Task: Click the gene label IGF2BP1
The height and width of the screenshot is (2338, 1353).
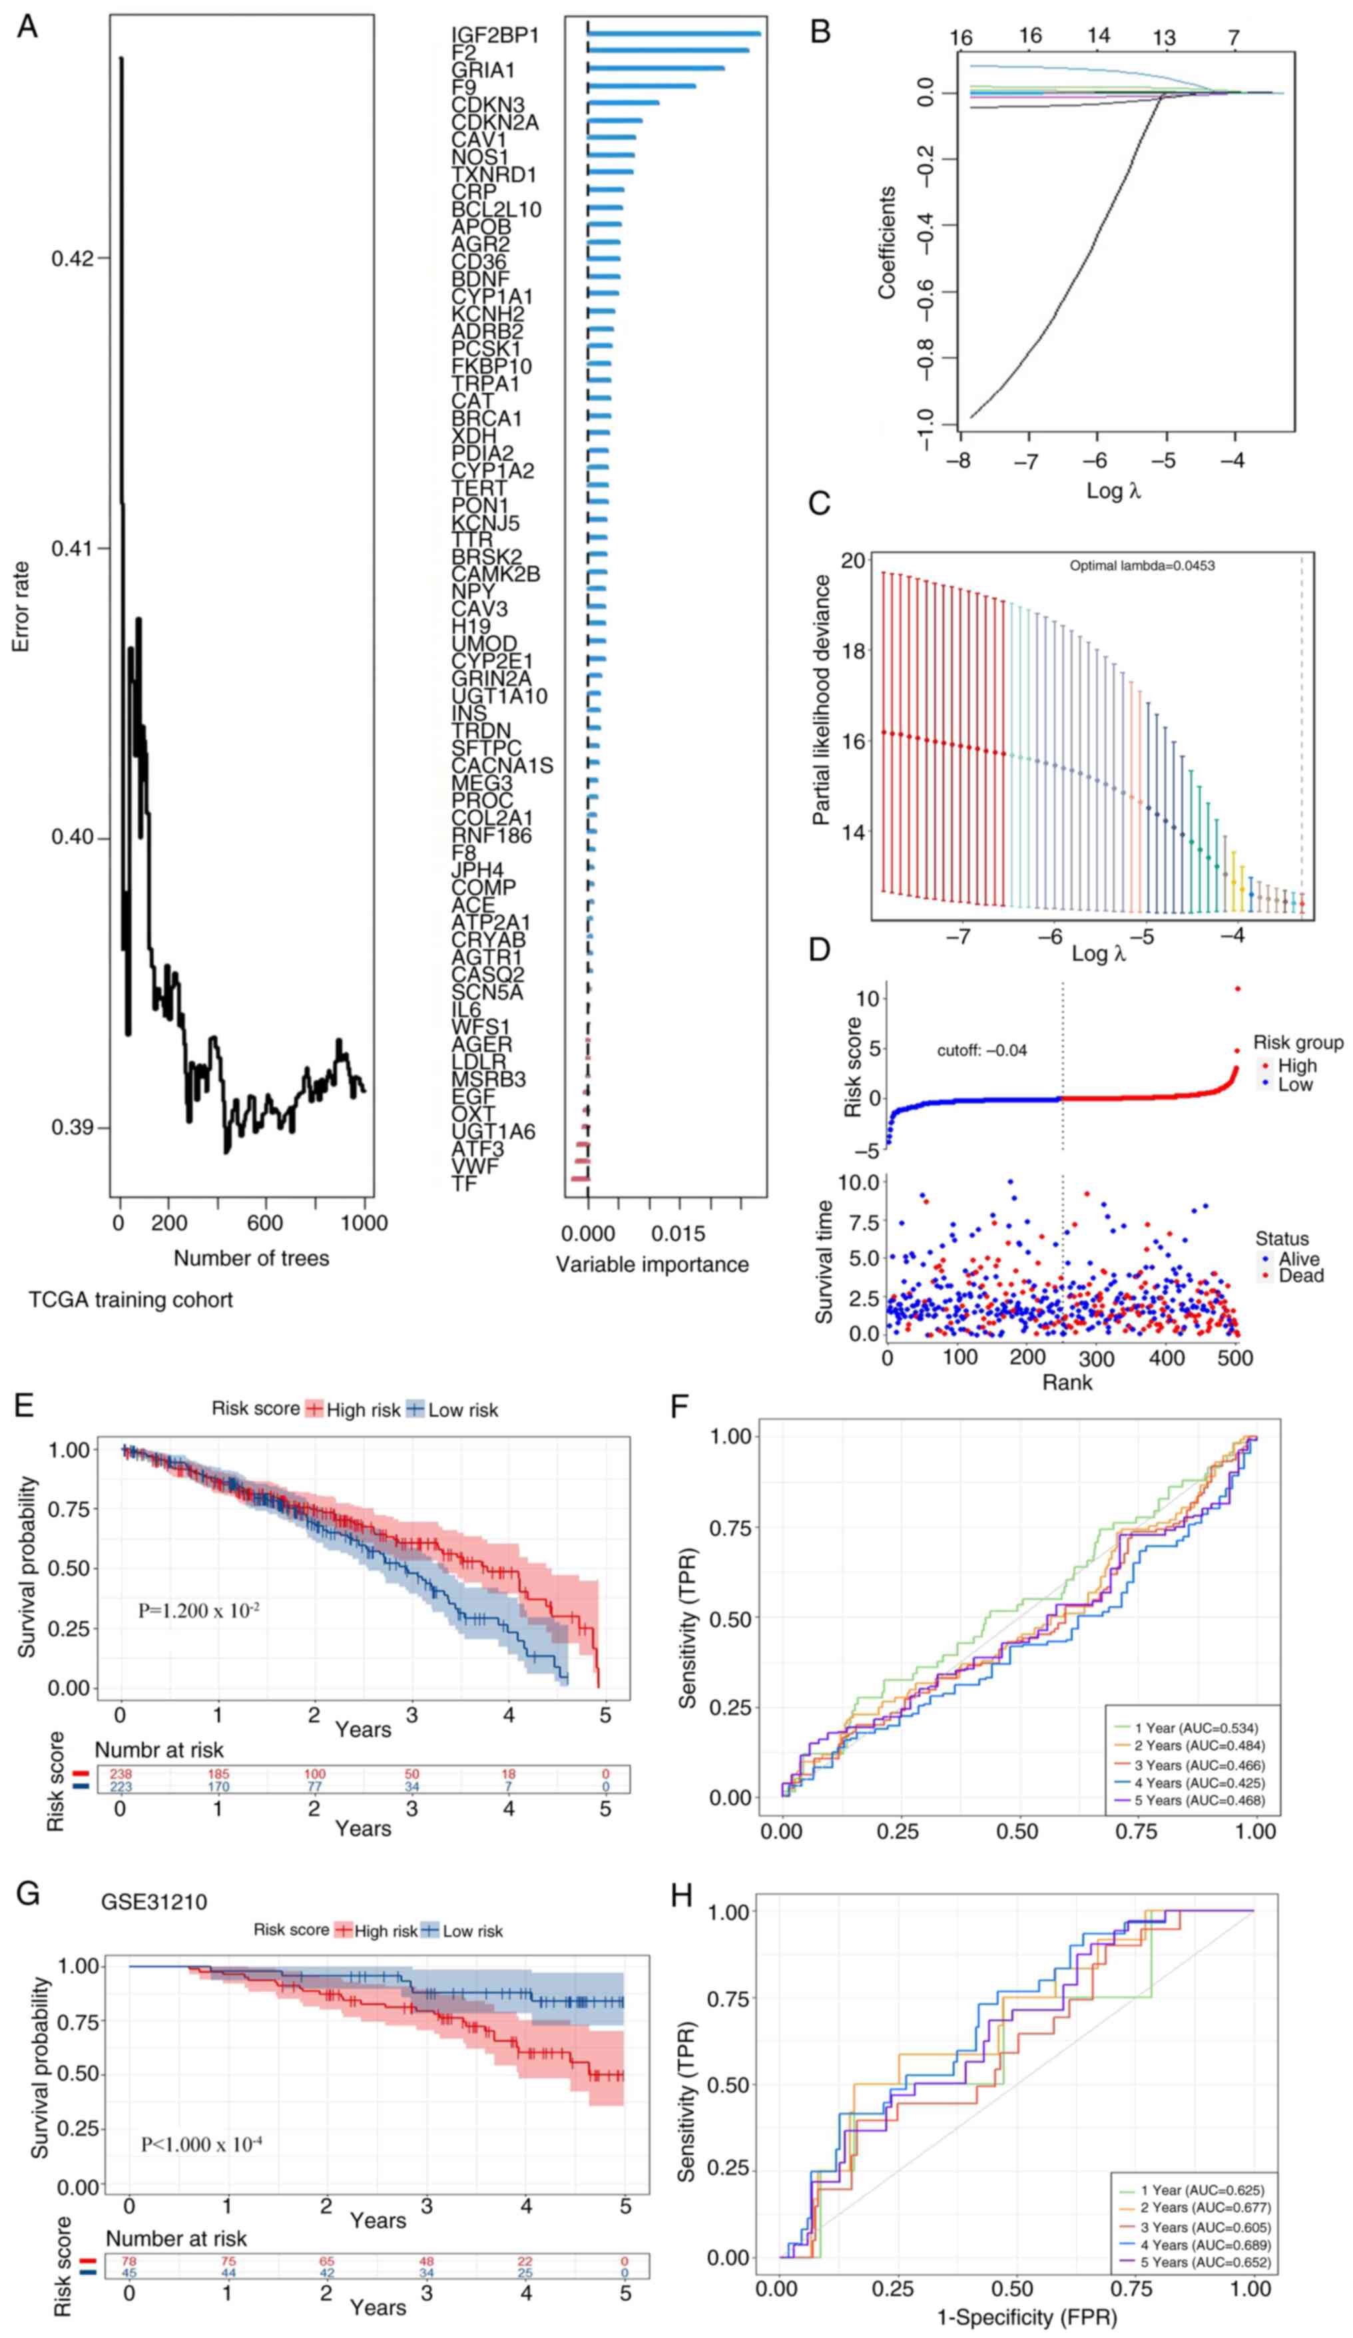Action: coord(495,35)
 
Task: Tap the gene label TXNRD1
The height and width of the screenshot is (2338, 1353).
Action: coord(493,174)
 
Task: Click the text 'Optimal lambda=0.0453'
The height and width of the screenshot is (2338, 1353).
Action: coord(1141,565)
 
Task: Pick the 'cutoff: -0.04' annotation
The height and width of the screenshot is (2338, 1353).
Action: coord(981,1051)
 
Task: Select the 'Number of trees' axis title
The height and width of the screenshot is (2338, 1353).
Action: coord(250,1258)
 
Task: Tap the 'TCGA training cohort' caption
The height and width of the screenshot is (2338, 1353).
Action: coord(131,1300)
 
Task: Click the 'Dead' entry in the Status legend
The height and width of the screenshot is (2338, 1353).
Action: coord(1300,1276)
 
